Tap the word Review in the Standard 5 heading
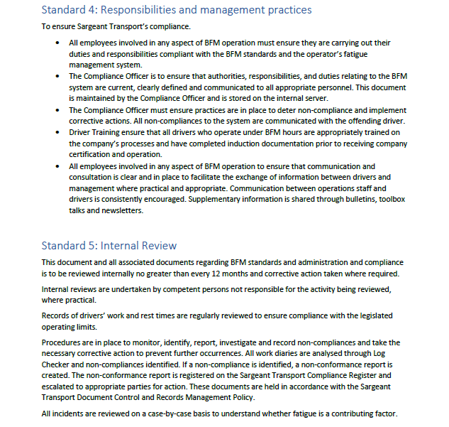pos(158,246)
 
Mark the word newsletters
pos(121,210)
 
